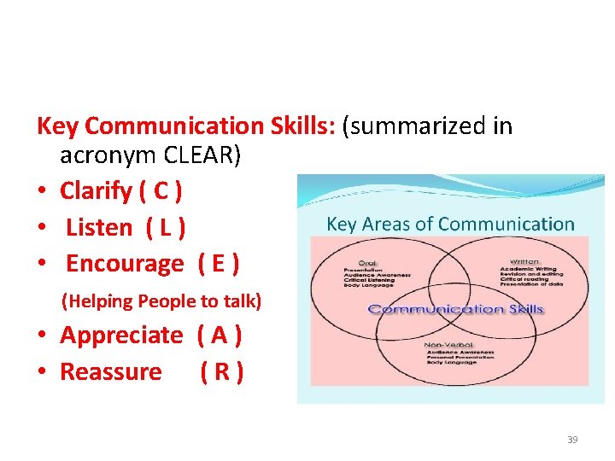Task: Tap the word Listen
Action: click(99, 227)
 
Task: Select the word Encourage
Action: click(124, 264)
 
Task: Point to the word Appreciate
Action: click(120, 336)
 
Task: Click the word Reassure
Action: click(111, 372)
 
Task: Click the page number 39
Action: click(572, 440)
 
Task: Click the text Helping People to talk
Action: click(161, 301)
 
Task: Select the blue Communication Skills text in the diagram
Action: click(454, 308)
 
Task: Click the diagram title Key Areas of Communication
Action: click(450, 225)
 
